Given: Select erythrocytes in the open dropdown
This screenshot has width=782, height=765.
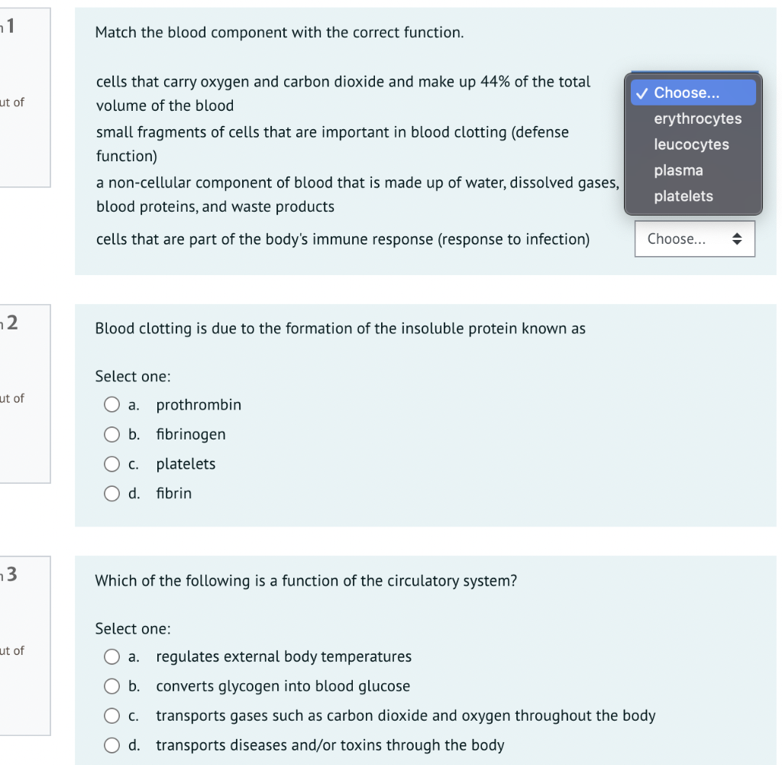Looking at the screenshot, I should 697,118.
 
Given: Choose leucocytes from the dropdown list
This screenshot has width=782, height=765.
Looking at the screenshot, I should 691,144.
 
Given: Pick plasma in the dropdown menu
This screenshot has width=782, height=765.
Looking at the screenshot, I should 678,170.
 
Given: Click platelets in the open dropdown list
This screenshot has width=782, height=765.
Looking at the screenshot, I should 683,196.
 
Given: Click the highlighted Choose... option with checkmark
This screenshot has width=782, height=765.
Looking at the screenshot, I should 686,92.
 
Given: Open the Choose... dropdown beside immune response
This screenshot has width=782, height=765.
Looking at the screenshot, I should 694,239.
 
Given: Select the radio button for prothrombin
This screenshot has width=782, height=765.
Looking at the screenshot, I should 112,404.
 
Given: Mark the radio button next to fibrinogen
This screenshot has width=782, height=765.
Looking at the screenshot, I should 112,434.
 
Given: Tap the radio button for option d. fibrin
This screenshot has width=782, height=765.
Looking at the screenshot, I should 112,494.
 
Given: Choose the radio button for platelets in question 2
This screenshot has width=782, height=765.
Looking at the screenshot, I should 112,464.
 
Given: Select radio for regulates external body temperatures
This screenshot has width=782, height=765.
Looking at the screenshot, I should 112,656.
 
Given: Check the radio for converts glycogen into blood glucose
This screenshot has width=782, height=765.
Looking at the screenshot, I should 112,686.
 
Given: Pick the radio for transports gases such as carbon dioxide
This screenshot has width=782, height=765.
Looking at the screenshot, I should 112,716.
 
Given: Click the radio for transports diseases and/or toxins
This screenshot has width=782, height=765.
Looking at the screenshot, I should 112,745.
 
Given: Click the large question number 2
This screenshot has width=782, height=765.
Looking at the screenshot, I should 13,322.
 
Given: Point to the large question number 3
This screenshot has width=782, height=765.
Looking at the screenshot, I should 13,574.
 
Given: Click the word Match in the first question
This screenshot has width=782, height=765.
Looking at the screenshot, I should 116,33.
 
